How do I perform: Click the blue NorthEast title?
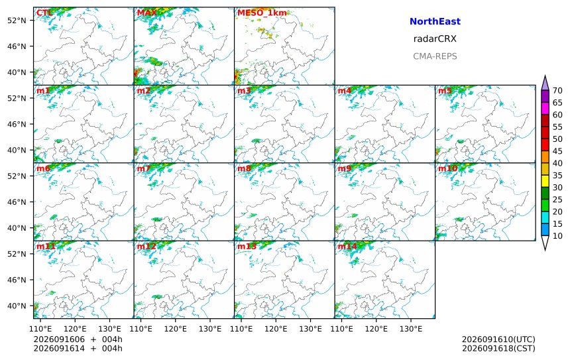[x=435, y=21]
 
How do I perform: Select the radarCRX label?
[x=435, y=39]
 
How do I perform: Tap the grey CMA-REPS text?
[x=435, y=56]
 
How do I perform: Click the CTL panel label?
[x=44, y=13]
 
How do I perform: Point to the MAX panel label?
[x=147, y=13]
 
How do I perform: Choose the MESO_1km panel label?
[x=262, y=13]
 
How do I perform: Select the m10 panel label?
[x=448, y=168]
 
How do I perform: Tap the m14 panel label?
[x=347, y=247]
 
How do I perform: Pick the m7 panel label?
[x=144, y=168]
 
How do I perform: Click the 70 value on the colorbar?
[x=557, y=91]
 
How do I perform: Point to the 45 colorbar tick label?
[x=557, y=151]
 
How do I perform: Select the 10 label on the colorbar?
[x=557, y=236]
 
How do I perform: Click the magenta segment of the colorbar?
[x=545, y=108]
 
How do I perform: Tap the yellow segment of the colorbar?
[x=545, y=181]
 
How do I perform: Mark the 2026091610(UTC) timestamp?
[x=498, y=339]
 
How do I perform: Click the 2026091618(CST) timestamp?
[x=498, y=348]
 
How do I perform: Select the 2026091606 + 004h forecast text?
[x=78, y=339]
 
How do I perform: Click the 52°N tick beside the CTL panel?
[x=17, y=21]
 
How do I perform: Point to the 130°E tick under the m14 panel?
[x=411, y=329]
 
